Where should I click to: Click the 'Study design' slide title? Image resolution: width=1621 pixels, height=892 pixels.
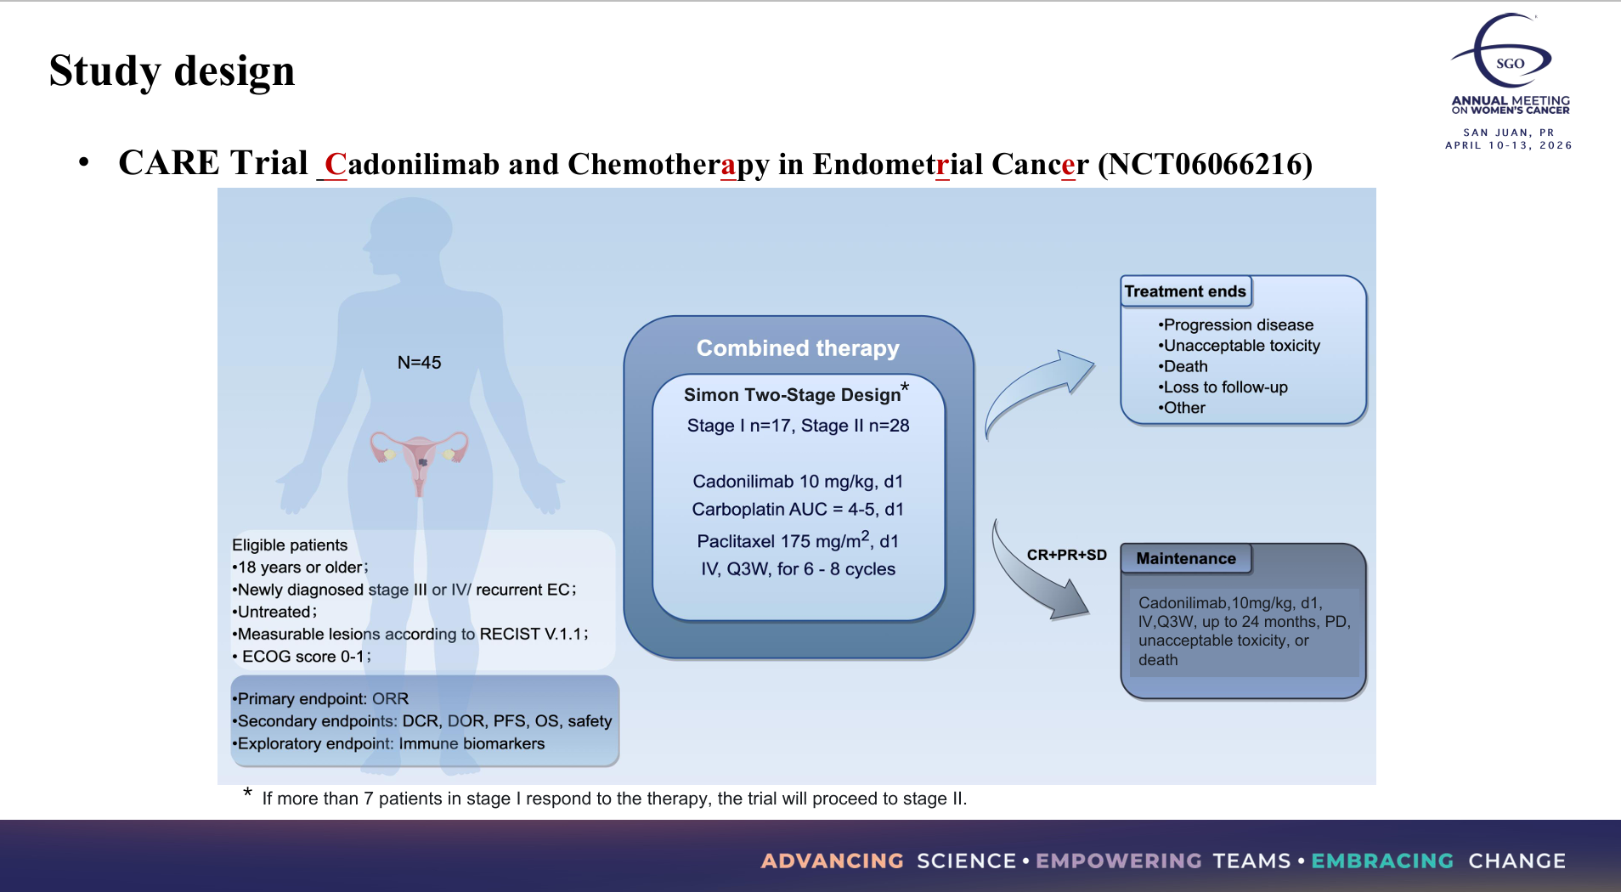(x=172, y=71)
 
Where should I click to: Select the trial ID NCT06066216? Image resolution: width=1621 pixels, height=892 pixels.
(x=1205, y=164)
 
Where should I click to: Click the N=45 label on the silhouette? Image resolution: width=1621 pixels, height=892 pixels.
(x=419, y=363)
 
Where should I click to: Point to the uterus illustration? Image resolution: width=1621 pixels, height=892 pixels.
(x=420, y=459)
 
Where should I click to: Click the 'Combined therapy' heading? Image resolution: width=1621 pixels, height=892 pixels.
(x=798, y=348)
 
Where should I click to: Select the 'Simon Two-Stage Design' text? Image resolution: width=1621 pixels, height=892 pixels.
(x=792, y=395)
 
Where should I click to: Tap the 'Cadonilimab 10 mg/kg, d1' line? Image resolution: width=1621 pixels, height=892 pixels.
(x=798, y=482)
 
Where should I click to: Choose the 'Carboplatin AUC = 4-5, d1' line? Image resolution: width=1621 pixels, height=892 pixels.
(x=798, y=510)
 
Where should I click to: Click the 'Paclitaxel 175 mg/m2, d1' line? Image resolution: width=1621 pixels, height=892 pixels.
(x=798, y=541)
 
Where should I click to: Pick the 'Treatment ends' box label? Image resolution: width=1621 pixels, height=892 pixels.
(x=1185, y=291)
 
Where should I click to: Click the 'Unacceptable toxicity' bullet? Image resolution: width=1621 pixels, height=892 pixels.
(x=1240, y=346)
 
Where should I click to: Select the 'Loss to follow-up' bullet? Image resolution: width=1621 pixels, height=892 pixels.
(x=1224, y=387)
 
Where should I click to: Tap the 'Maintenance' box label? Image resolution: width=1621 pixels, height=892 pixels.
(x=1186, y=559)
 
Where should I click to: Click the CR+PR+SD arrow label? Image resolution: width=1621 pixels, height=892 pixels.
(x=1066, y=555)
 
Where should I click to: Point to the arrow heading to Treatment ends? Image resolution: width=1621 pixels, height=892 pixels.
(x=1038, y=388)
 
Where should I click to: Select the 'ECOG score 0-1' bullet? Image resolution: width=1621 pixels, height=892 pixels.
(x=304, y=657)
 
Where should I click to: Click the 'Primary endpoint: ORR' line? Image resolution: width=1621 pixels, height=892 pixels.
(x=322, y=699)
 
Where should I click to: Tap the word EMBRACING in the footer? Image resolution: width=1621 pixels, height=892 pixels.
(x=1382, y=861)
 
